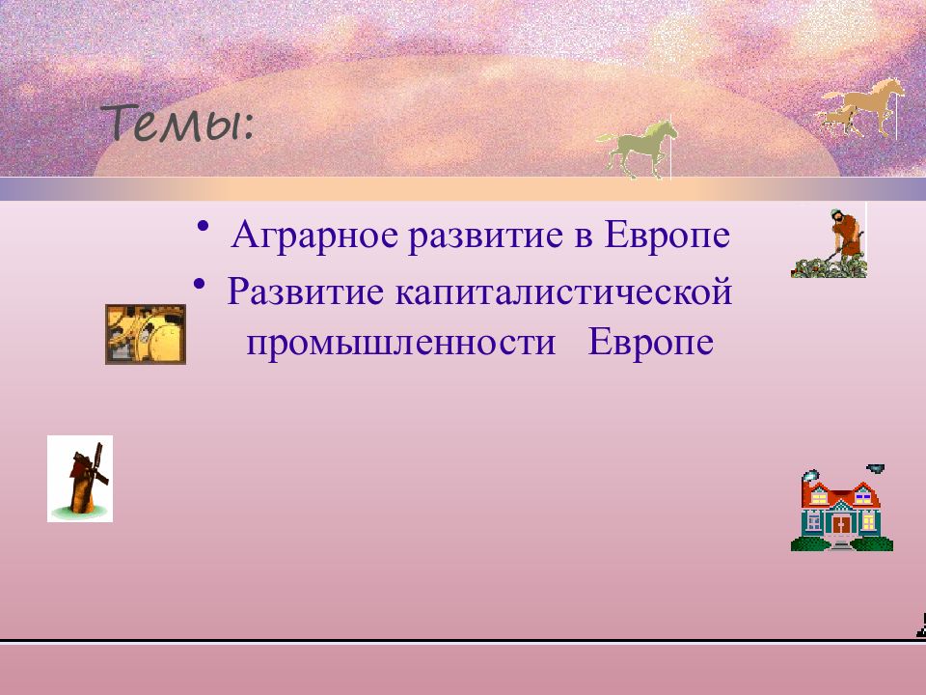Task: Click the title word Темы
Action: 178,124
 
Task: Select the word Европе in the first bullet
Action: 667,236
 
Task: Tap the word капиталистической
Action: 563,292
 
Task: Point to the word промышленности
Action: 401,343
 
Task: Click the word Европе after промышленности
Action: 651,343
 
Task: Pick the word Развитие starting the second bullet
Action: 306,292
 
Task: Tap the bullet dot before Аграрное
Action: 204,226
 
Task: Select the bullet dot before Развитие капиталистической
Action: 200,283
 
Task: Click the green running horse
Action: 637,148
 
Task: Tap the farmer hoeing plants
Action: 830,243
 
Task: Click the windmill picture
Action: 80,479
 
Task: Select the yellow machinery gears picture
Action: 146,334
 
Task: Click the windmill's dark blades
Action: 90,464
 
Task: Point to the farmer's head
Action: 835,214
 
